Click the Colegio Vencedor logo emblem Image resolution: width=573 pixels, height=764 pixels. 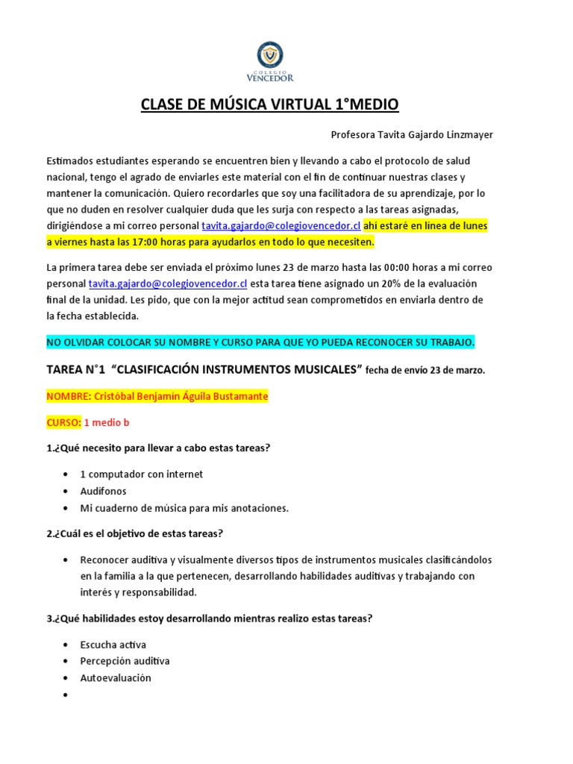point(269,54)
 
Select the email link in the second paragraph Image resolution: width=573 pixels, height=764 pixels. point(168,284)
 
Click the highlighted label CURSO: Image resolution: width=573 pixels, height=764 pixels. point(63,422)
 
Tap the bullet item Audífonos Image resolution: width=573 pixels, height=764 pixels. point(104,492)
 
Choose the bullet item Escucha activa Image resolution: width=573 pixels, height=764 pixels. point(113,645)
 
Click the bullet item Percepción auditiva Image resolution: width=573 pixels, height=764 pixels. point(125,661)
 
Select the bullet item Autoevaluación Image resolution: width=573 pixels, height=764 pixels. point(116,677)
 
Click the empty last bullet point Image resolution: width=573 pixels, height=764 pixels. point(67,695)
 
